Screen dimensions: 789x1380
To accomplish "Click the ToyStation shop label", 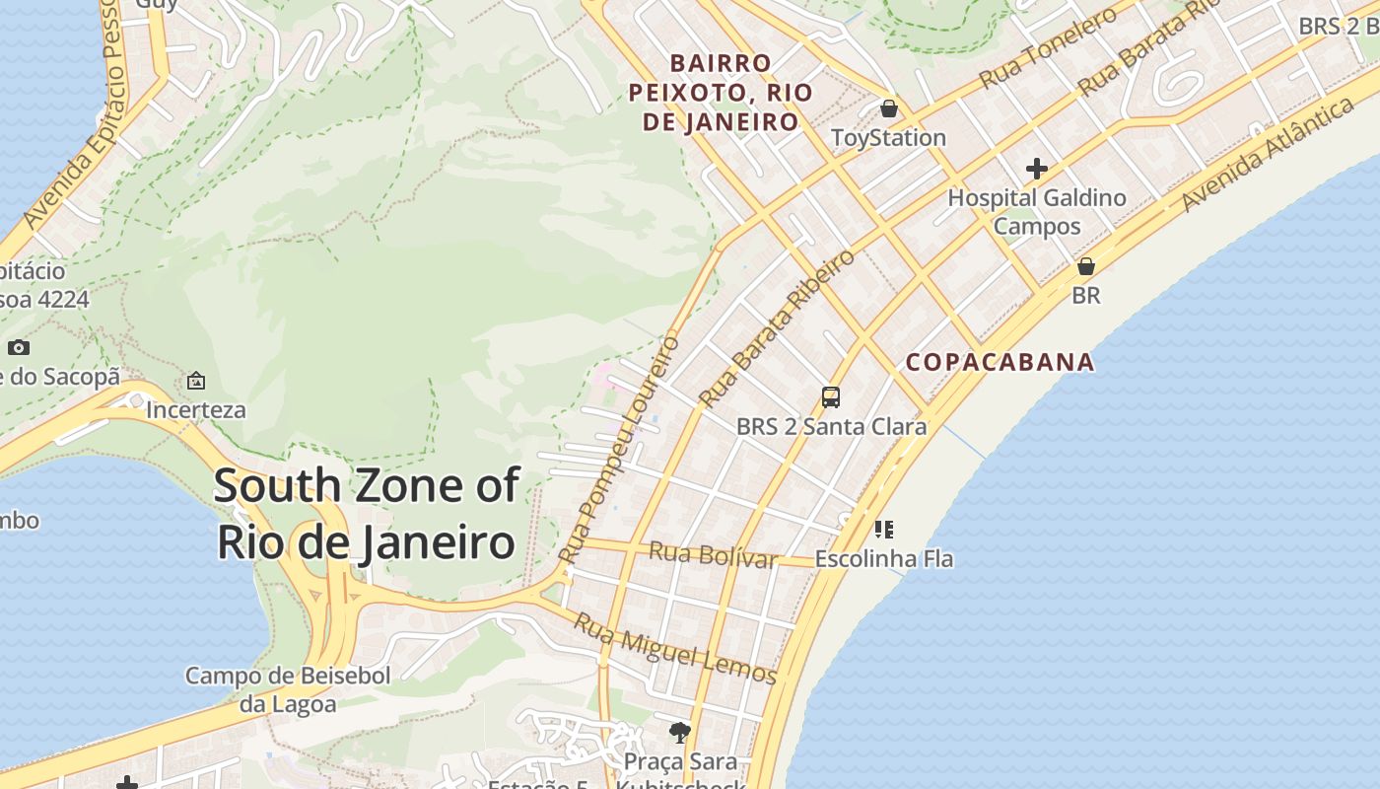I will pos(889,137).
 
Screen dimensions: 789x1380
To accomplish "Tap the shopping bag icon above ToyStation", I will pos(889,108).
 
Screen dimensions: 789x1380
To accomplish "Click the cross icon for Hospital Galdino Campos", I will pos(1037,169).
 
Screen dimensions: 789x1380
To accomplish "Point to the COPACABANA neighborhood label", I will pos(1000,362).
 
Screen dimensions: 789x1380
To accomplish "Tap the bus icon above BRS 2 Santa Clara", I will pos(831,397).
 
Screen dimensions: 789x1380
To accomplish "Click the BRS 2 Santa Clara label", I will pos(831,426).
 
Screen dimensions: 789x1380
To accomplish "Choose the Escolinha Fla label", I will pos(884,558).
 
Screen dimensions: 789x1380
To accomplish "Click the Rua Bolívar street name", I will pos(714,555).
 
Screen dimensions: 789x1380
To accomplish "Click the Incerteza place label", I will pos(196,409).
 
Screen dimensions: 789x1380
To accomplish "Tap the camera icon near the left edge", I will pos(19,347).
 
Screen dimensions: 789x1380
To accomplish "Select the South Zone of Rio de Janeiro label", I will pos(366,514).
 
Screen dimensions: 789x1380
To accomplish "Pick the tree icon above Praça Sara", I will pos(679,732).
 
